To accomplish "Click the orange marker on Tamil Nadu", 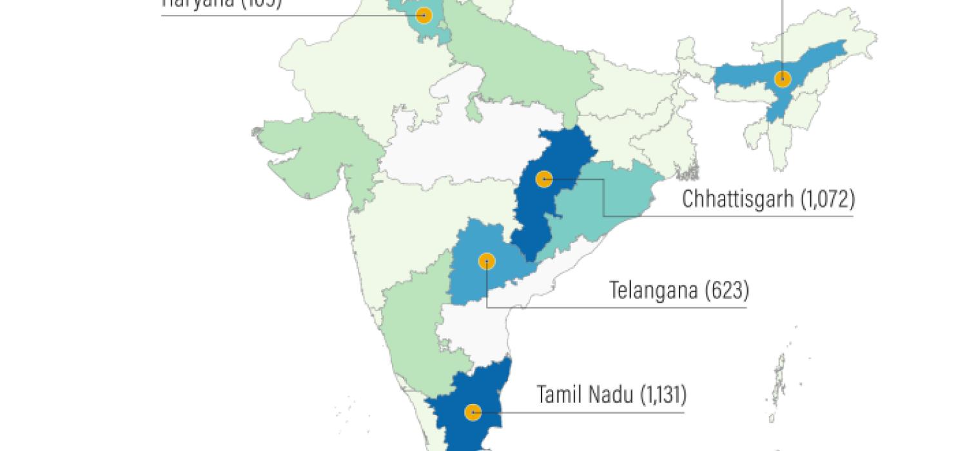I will tap(473, 412).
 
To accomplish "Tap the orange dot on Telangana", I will tap(487, 261).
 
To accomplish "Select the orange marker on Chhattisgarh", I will tap(545, 178).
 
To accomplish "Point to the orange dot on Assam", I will tap(783, 79).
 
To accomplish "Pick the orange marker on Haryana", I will tap(424, 15).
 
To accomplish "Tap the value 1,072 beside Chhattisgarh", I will tap(828, 200).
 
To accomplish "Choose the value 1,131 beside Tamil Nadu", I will tap(663, 394).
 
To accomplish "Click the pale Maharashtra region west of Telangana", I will tap(413, 232).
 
